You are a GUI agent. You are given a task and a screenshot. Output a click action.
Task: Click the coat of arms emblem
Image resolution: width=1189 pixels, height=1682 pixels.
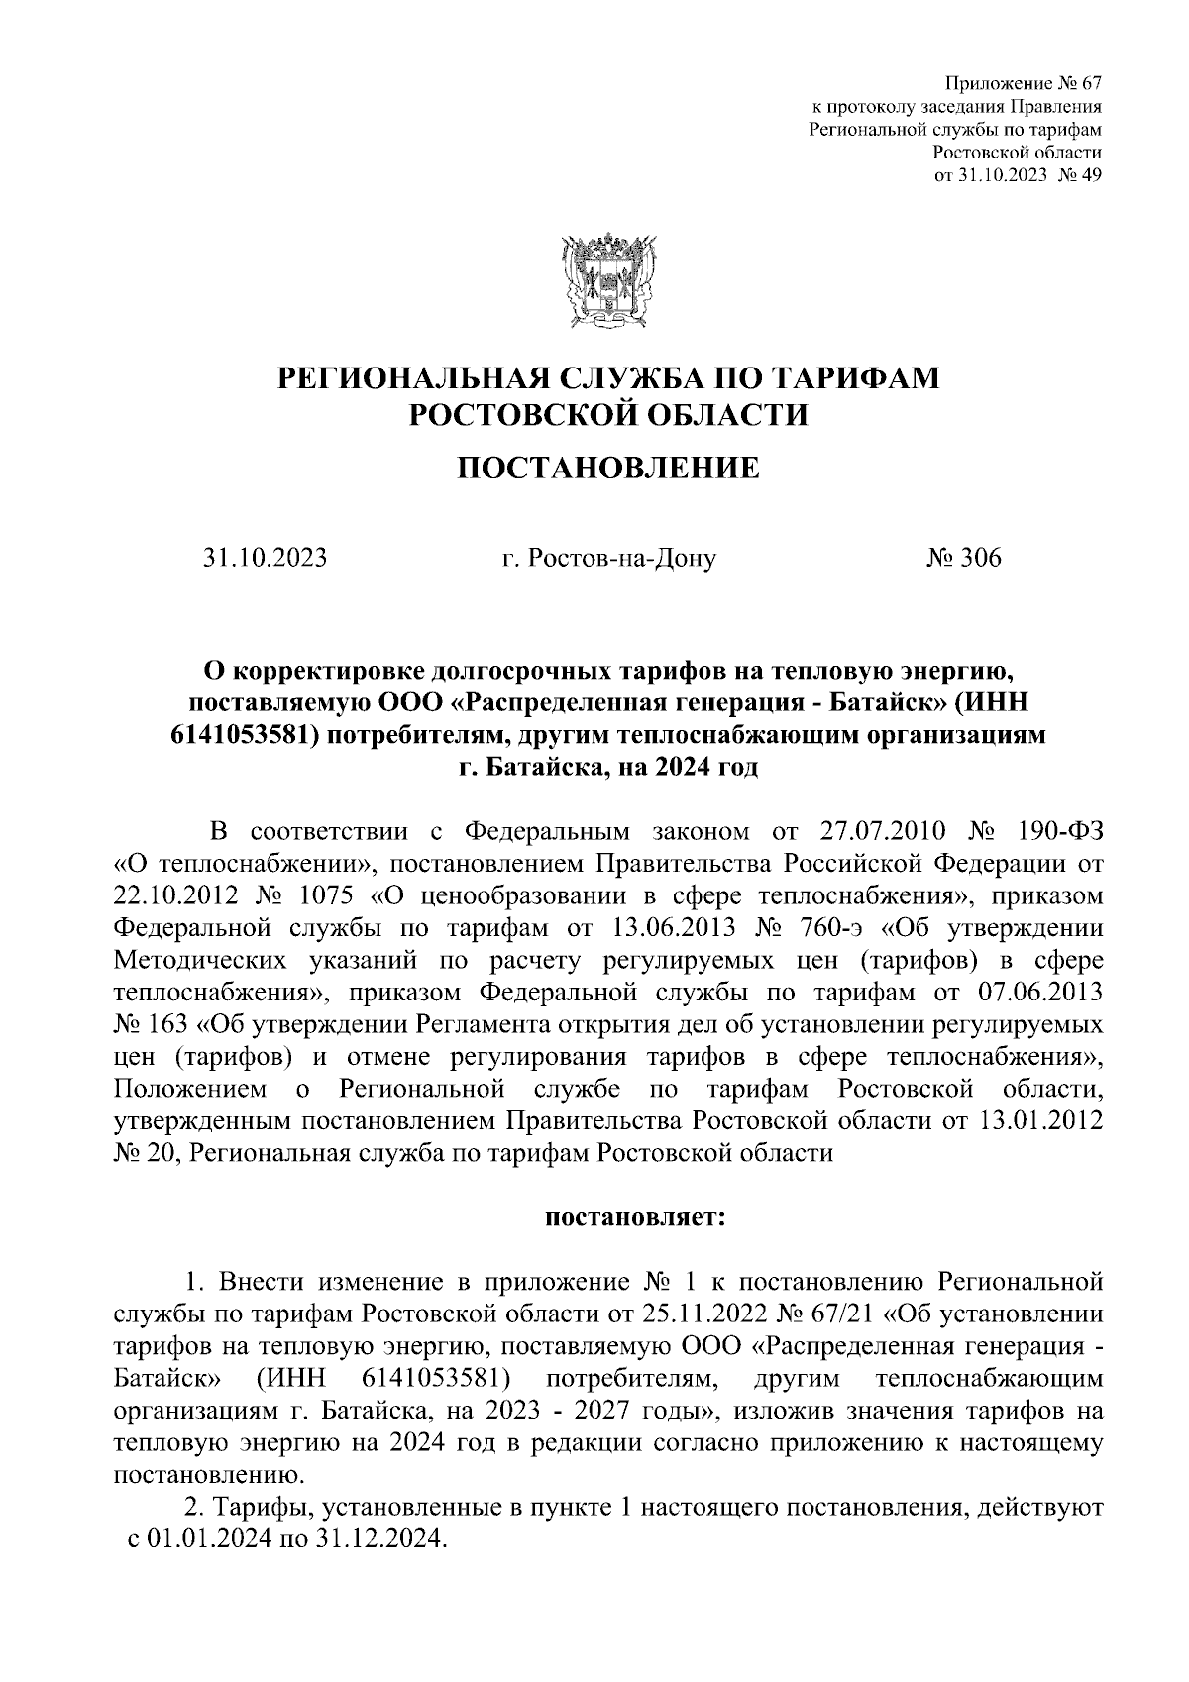click(607, 280)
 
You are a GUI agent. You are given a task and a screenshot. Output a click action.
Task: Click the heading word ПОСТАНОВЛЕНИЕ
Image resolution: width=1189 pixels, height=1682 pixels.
click(607, 468)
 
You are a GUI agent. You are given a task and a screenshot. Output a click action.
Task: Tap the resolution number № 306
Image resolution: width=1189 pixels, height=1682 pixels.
click(964, 558)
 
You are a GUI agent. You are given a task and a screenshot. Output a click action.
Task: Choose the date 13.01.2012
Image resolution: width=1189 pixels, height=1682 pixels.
click(1039, 1121)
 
